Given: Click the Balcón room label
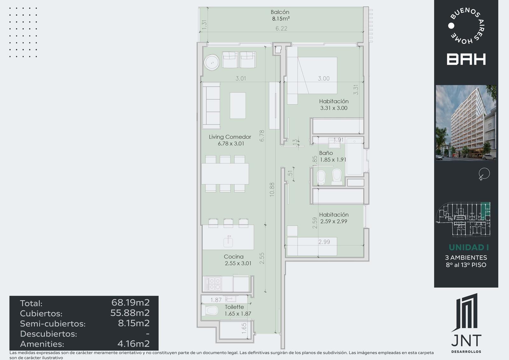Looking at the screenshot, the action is click(280, 12).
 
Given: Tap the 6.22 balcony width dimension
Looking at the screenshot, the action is click(281, 28).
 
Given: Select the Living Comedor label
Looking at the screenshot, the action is click(230, 137).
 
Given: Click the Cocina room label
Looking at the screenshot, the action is click(234, 257).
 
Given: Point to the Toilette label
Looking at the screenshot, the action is click(234, 307).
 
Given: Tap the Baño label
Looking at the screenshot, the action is click(326, 153).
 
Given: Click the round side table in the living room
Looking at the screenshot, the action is click(212, 62).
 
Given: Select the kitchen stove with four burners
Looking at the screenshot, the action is click(213, 284).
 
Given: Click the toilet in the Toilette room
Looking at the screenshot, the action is click(210, 310).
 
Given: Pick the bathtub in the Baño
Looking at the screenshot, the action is click(354, 157).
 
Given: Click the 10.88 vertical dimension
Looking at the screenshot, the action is click(272, 189).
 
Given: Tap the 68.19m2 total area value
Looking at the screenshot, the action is click(130, 302).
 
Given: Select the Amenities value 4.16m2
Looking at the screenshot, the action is click(134, 343).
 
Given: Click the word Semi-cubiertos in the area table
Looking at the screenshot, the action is click(53, 324).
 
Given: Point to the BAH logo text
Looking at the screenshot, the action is click(466, 59).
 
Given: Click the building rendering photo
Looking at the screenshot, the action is click(466, 123).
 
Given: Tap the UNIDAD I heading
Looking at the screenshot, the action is click(469, 247).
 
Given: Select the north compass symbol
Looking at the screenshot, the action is click(484, 174).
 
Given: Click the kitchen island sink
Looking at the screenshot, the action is click(228, 242).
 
